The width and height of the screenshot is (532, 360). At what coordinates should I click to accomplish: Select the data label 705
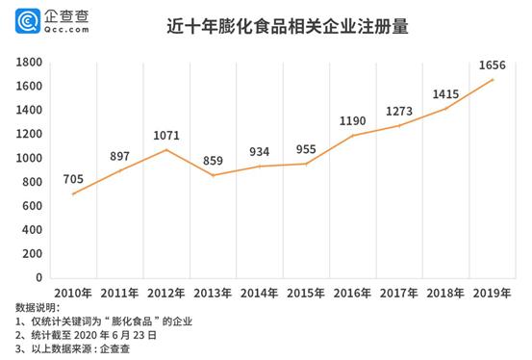73,178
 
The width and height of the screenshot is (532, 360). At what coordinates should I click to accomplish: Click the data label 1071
165,135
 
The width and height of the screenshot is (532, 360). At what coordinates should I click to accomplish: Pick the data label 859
213,161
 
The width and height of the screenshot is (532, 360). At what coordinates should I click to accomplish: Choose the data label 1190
353,120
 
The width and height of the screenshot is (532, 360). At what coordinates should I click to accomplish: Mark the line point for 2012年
165,149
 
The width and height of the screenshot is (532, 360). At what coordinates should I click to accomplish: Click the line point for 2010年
73,193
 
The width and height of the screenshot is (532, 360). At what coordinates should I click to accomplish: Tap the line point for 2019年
493,79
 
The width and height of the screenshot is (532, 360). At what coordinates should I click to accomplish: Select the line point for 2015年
306,164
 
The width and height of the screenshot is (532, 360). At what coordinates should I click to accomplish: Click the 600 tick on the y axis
32,206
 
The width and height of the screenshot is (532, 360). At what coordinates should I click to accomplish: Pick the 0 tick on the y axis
39,278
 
